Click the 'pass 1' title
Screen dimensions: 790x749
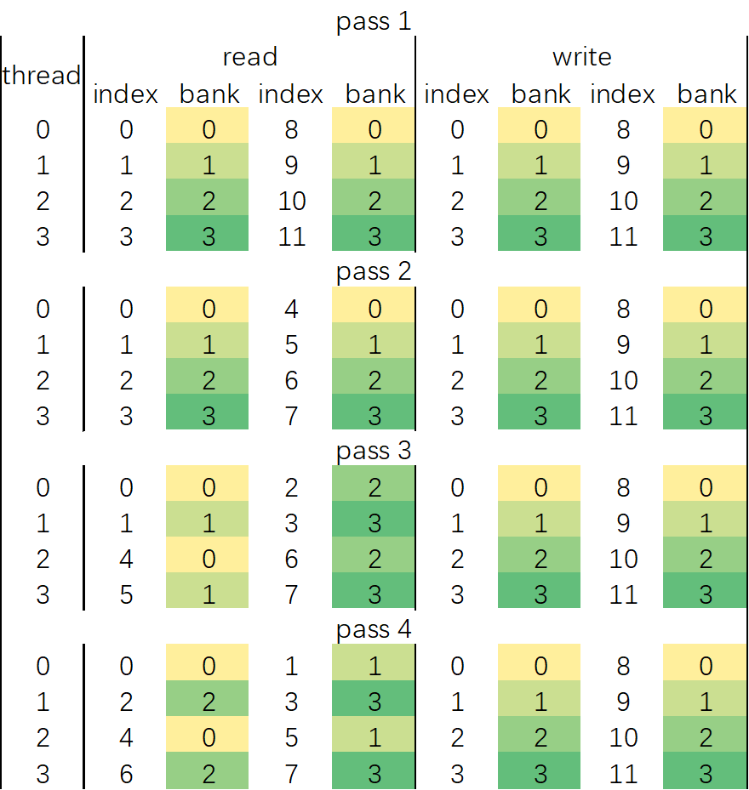pyautogui.click(x=374, y=20)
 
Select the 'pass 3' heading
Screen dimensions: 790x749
pyautogui.click(x=374, y=451)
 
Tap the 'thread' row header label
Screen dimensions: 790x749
pyautogui.click(x=41, y=75)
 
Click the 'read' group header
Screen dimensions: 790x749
pyautogui.click(x=249, y=57)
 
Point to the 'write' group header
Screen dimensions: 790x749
pyautogui.click(x=581, y=57)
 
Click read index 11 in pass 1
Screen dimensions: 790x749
pyautogui.click(x=291, y=236)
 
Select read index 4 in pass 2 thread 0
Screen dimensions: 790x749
pyautogui.click(x=291, y=308)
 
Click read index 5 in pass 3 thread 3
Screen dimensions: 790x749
pyautogui.click(x=126, y=594)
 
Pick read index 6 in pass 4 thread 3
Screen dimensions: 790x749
pyautogui.click(x=126, y=774)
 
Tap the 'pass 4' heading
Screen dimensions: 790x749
pyautogui.click(x=374, y=630)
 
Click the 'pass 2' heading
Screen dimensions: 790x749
pyautogui.click(x=374, y=272)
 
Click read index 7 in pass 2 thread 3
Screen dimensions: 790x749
pyautogui.click(x=291, y=415)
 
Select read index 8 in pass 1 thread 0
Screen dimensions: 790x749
pyautogui.click(x=291, y=129)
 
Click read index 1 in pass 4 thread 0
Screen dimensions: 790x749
pyautogui.click(x=291, y=666)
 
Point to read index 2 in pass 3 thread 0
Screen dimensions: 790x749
pyautogui.click(x=291, y=487)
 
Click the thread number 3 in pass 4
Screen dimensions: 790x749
pyautogui.click(x=43, y=774)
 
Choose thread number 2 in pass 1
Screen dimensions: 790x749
pyautogui.click(x=43, y=201)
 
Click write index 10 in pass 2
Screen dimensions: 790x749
pyautogui.click(x=623, y=379)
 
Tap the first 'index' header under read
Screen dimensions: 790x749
pyautogui.click(x=126, y=94)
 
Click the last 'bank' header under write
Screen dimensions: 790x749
pyautogui.click(x=706, y=94)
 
